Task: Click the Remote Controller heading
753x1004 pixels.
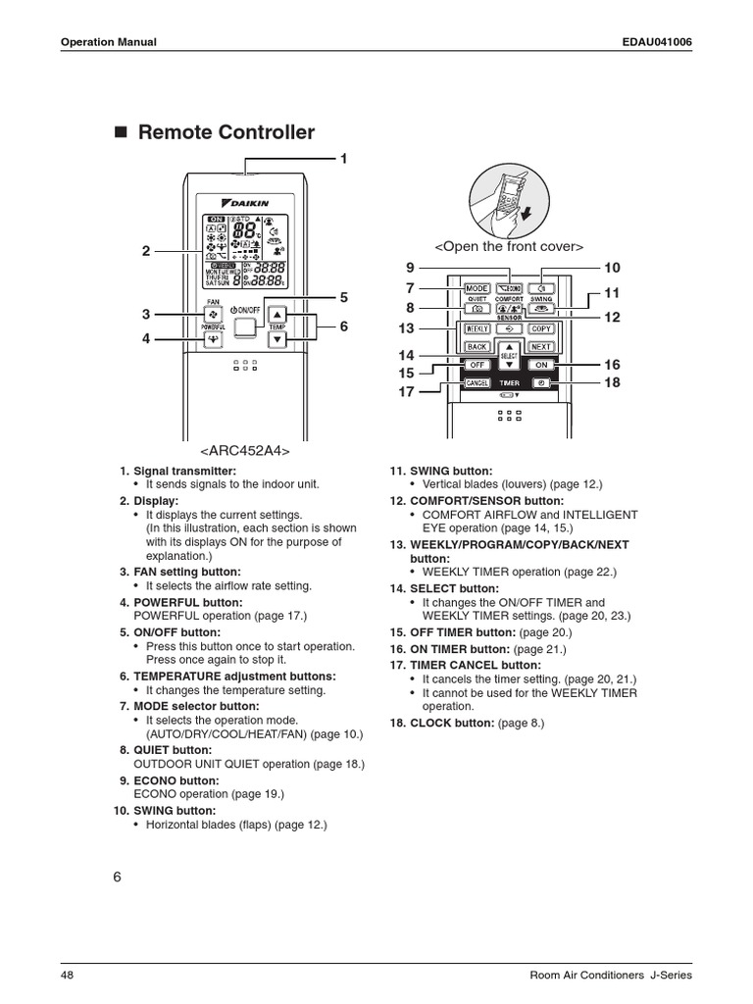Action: (226, 132)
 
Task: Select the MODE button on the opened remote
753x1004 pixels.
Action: (477, 288)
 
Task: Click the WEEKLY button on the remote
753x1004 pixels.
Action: (477, 328)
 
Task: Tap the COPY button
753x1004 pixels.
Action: (541, 328)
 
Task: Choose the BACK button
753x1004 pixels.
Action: (477, 346)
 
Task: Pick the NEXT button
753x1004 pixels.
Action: (541, 346)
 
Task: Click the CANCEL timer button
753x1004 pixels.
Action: (477, 382)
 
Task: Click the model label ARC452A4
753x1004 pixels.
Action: (246, 450)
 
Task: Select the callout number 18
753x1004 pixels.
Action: (613, 382)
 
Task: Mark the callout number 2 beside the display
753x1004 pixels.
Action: (145, 251)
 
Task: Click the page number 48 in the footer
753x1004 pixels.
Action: (67, 976)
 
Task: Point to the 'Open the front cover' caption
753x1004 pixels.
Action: (508, 245)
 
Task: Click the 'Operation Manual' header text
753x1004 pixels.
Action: (109, 42)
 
